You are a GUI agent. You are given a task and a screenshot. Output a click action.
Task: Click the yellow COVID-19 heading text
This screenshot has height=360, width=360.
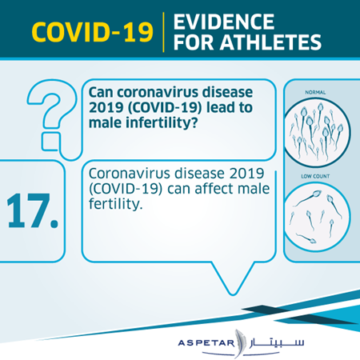pos(93,32)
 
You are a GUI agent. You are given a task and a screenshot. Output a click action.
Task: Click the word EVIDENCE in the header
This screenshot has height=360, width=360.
pos(224,22)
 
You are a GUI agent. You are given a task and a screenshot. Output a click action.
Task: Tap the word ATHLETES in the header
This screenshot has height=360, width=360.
pos(271,42)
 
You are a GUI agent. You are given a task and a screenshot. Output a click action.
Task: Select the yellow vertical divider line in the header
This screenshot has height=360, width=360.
pos(163,32)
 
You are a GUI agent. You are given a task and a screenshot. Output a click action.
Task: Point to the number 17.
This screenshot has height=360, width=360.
pos(33,211)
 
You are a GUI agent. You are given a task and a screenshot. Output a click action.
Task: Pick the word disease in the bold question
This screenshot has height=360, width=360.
pos(227,93)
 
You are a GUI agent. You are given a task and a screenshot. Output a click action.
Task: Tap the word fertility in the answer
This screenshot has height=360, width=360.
pos(114,205)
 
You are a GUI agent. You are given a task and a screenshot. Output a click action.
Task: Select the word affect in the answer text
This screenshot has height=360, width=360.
pos(214,189)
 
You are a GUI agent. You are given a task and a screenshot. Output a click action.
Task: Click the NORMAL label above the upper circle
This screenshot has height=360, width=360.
pos(315,92)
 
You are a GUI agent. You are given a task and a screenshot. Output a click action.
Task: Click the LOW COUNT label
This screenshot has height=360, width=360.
pos(315,176)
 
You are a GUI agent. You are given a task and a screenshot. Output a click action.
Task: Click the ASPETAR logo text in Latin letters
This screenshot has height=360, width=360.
pos(206,342)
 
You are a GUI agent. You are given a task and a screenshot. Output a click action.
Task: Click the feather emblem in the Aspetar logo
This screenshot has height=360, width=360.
pos(239,343)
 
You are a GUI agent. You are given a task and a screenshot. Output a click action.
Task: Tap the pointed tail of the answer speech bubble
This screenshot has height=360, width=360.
pos(233,294)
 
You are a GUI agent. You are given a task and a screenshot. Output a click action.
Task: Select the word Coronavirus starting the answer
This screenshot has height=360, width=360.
pos(130,174)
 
